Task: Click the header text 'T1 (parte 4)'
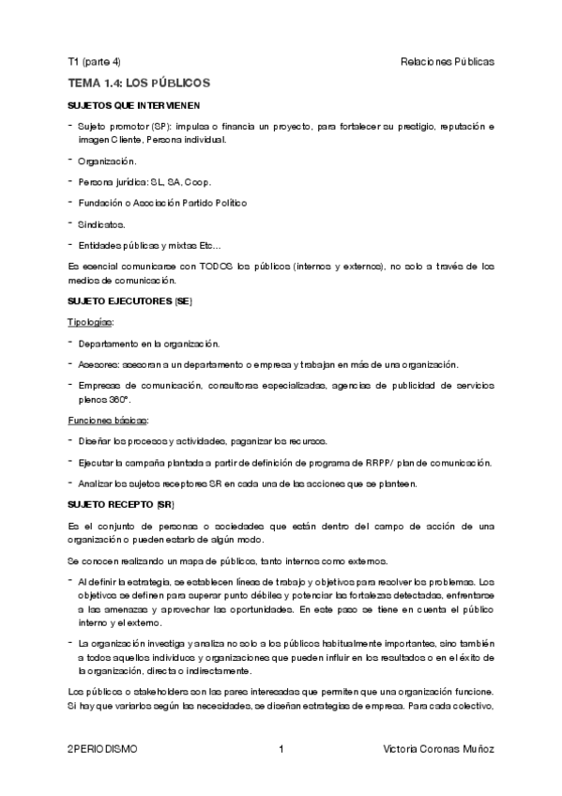(94, 62)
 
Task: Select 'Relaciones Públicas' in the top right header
(447, 62)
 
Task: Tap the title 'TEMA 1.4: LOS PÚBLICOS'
(138, 84)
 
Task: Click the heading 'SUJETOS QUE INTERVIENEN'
(133, 105)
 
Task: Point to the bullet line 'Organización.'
(107, 161)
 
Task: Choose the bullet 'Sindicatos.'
(101, 224)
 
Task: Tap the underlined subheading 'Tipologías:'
(90, 322)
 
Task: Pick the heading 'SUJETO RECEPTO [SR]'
(122, 505)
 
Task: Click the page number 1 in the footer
(281, 749)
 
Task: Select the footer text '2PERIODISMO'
(102, 749)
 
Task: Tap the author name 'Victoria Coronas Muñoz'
(439, 749)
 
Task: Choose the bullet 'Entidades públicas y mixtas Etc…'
(149, 245)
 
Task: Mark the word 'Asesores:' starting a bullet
(99, 364)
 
